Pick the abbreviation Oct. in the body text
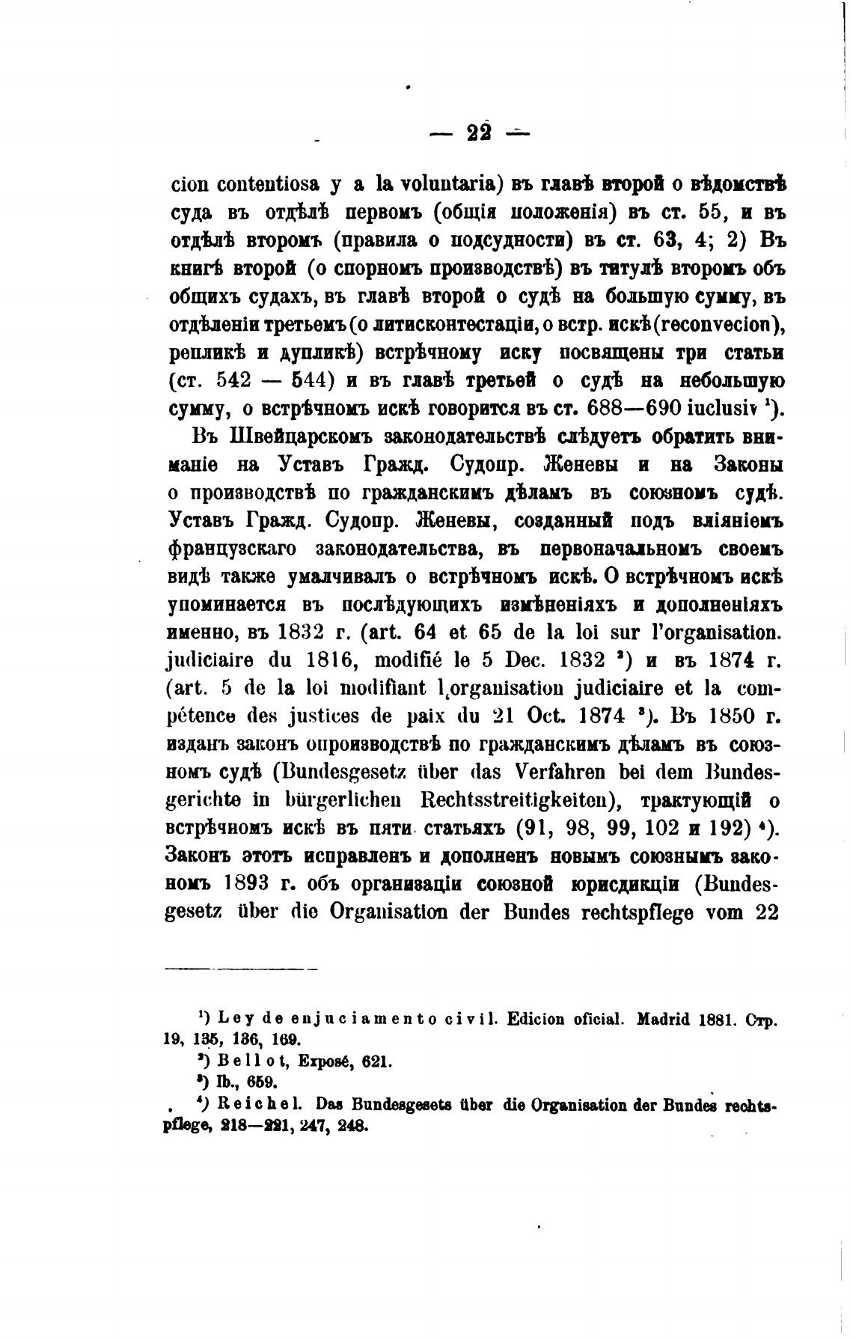[x=542, y=717]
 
